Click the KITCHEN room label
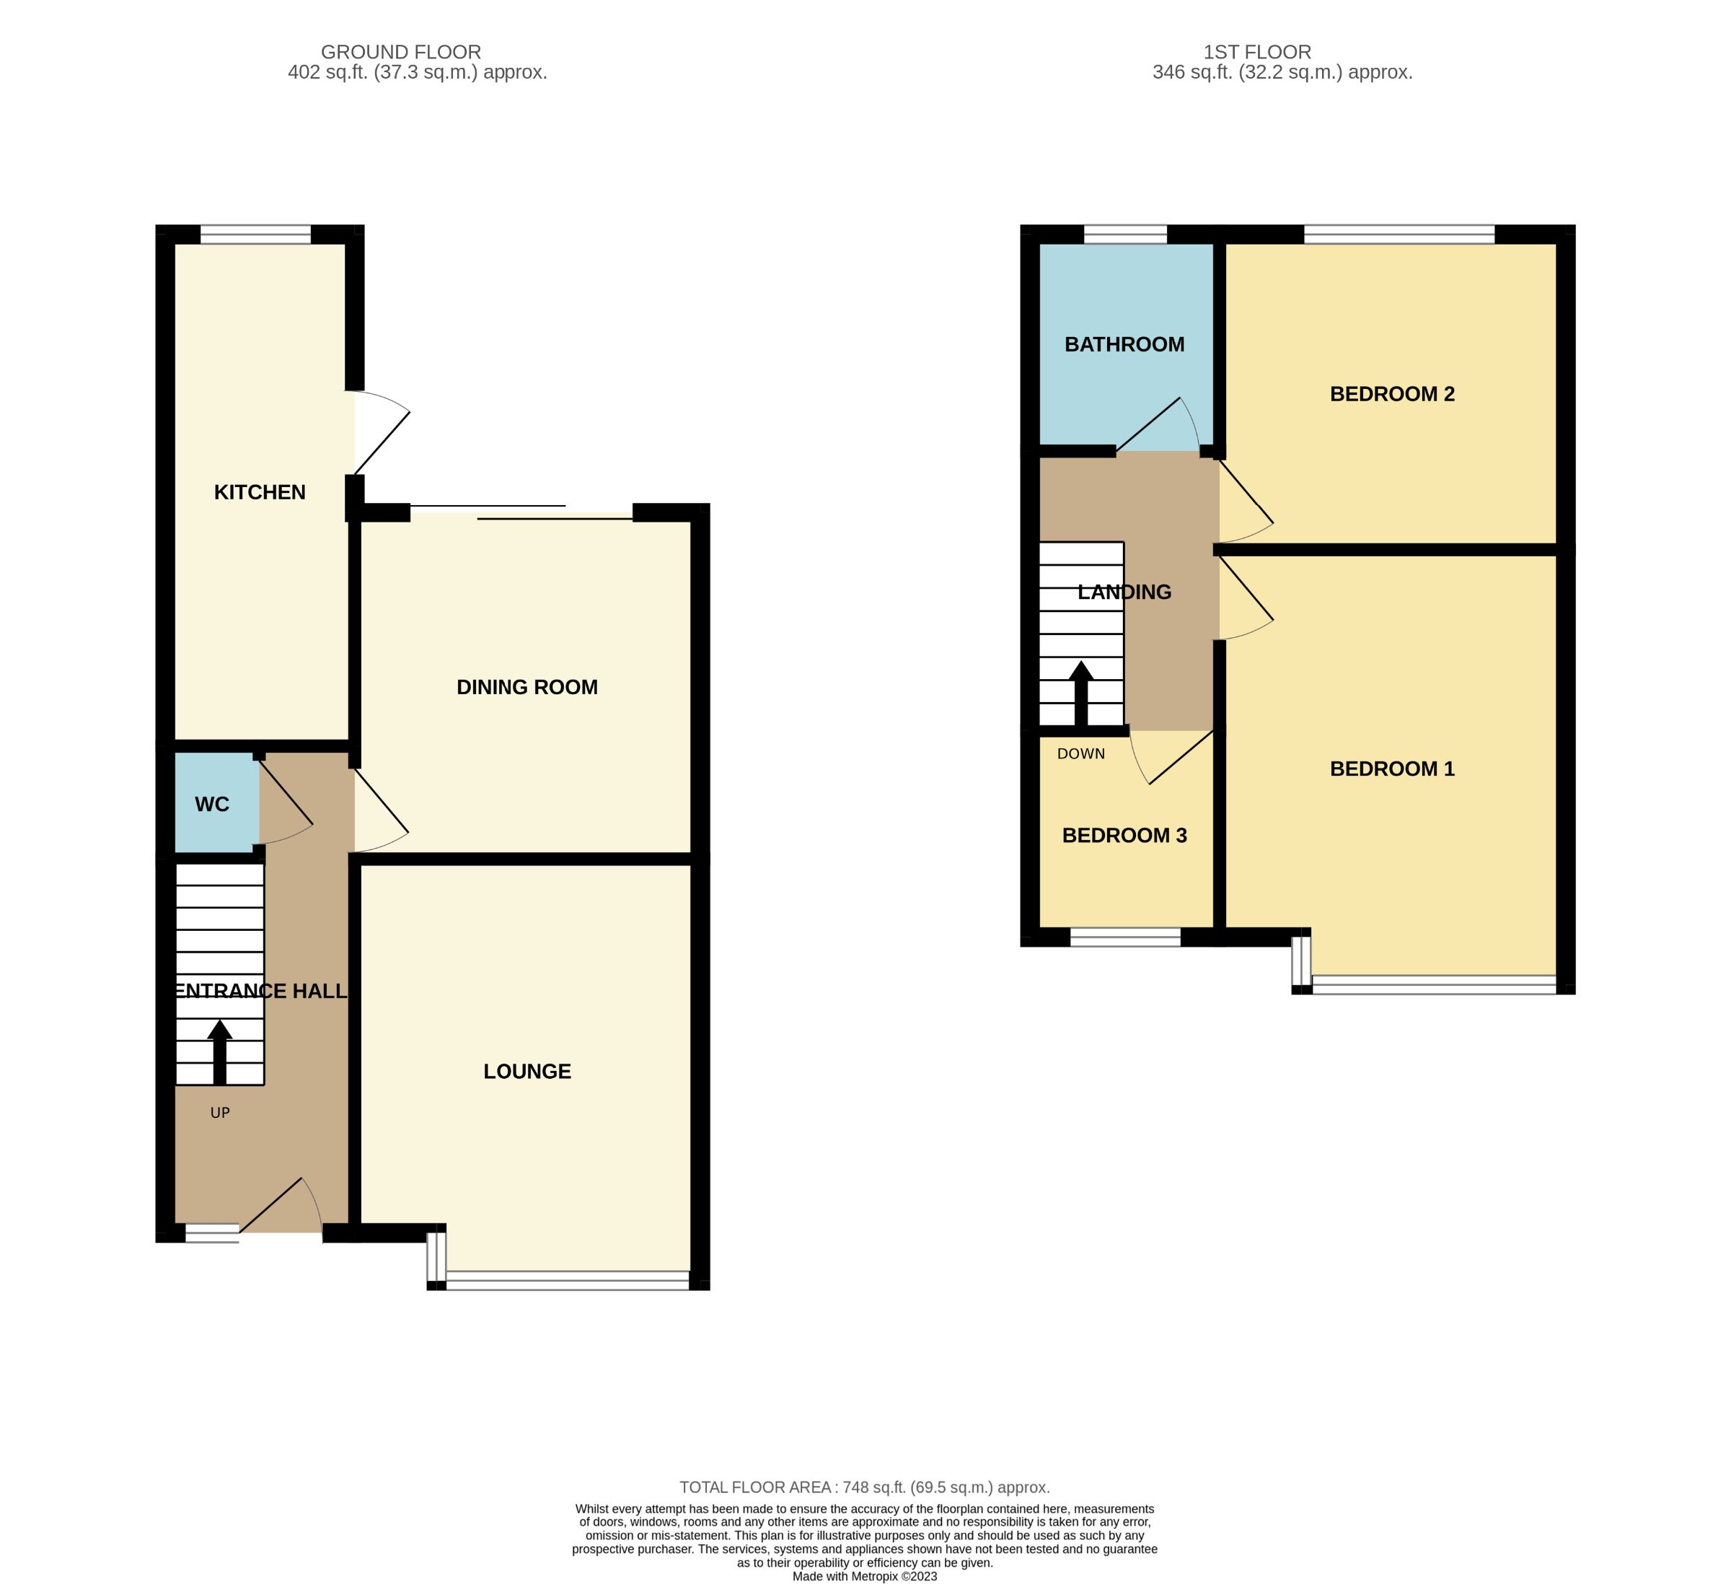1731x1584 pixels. tap(260, 492)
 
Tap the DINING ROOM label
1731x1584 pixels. tap(527, 687)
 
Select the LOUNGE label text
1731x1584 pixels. tap(527, 1071)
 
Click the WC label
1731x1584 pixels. tap(211, 804)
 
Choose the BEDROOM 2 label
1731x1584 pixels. tap(1392, 394)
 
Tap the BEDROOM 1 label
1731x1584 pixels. tap(1392, 769)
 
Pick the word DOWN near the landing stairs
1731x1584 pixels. tap(1080, 754)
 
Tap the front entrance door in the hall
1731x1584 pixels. tap(279, 1207)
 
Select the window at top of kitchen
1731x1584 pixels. tap(255, 235)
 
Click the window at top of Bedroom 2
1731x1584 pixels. tap(1399, 235)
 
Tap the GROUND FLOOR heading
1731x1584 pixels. tap(400, 53)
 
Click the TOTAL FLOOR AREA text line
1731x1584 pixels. tap(865, 1487)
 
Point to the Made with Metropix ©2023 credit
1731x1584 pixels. tap(865, 1576)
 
